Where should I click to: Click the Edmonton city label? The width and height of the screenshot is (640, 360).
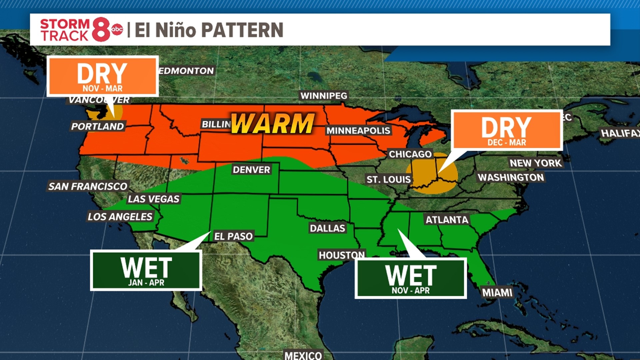click(186, 71)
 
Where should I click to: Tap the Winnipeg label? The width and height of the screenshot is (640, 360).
click(324, 96)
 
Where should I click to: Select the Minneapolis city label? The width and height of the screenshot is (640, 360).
click(358, 130)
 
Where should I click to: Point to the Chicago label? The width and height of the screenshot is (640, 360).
click(410, 154)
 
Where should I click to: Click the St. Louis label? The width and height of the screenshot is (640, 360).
click(388, 179)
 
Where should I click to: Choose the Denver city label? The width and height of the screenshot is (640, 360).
click(251, 170)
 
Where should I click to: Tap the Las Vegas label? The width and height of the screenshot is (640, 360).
click(154, 199)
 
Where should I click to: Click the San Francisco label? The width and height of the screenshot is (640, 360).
click(88, 186)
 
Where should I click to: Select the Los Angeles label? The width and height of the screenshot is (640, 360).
click(120, 217)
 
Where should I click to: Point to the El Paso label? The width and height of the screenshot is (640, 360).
click(233, 236)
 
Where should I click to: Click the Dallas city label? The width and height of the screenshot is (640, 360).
click(327, 228)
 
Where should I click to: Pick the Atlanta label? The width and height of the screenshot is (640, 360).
click(447, 220)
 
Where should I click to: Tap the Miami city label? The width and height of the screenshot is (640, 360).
click(497, 293)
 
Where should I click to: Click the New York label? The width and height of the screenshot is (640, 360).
click(535, 163)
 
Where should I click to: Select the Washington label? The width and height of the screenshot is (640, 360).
click(511, 177)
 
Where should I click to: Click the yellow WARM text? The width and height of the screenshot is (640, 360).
click(273, 123)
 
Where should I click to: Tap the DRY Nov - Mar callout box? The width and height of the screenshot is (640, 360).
click(102, 76)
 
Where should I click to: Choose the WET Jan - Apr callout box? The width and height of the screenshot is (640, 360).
click(146, 270)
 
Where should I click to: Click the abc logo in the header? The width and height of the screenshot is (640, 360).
click(117, 30)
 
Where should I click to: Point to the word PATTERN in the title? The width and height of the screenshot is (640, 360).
click(242, 30)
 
